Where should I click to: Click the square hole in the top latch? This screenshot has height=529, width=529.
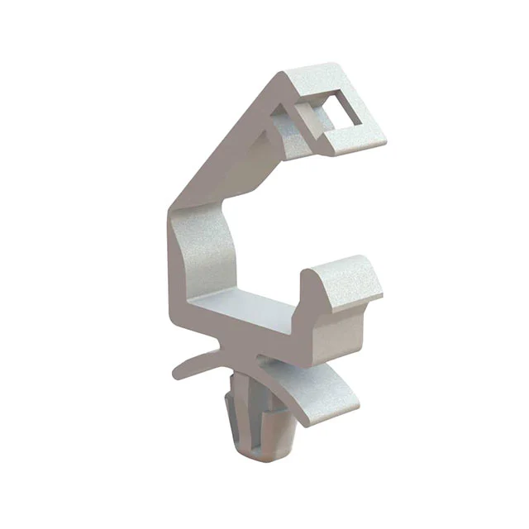pos(345,111)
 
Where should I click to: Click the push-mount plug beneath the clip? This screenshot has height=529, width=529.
pos(252,422)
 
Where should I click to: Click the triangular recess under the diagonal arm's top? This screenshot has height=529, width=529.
pos(281,132)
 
